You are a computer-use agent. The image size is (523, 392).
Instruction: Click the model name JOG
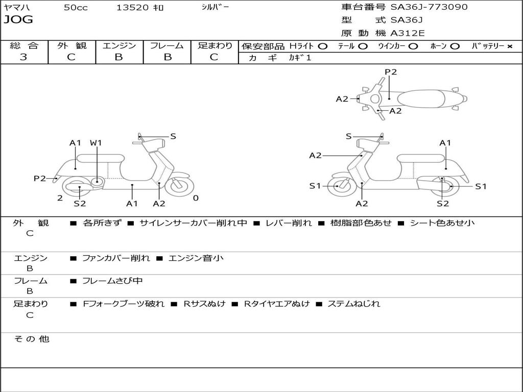18,20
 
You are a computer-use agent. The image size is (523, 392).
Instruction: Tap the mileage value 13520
132,8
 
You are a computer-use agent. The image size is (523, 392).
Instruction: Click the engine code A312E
408,34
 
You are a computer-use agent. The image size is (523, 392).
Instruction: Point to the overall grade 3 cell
23,57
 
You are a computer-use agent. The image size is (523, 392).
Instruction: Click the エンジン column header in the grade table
119,45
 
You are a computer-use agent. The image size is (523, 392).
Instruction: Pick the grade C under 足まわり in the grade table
214,57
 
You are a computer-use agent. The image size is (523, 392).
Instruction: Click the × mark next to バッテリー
510,46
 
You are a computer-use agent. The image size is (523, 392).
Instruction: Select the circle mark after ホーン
455,46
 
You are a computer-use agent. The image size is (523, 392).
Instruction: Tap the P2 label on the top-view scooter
391,72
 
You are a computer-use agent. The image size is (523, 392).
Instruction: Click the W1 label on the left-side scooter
96,143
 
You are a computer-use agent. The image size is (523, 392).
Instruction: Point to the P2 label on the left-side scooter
40,178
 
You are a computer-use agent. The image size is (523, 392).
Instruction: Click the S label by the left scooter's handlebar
173,136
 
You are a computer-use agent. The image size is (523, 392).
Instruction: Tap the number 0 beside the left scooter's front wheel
196,198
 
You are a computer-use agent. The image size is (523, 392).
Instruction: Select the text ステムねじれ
353,304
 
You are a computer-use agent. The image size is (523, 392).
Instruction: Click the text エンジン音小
196,258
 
